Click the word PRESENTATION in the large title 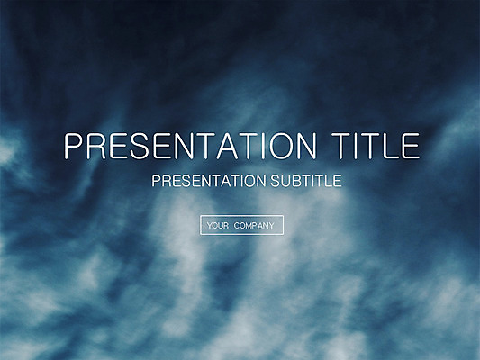pos(190,146)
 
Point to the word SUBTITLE pos(306,181)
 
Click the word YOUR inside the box pos(218,226)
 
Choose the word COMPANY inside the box pos(254,226)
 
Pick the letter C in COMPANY pos(237,226)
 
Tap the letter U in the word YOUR pos(220,226)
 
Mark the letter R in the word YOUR pos(226,226)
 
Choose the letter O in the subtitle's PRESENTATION pos(249,181)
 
